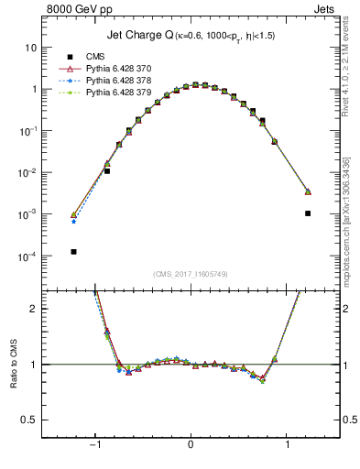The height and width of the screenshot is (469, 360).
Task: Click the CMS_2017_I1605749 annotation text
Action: point(190,275)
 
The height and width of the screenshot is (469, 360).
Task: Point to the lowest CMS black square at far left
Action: point(73,251)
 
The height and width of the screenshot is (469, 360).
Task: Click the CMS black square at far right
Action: point(308,213)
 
